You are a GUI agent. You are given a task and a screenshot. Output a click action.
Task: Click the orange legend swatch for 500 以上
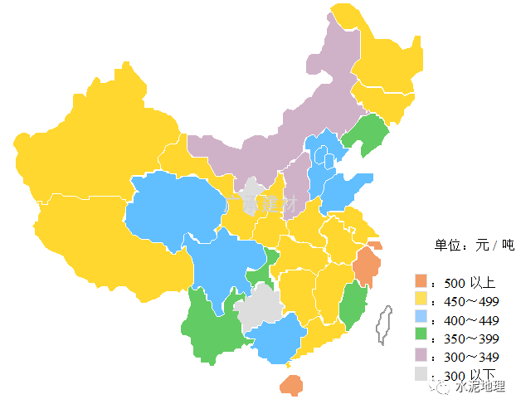pyautogui.click(x=421, y=280)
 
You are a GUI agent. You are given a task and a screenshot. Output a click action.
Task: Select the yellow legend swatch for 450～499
pyautogui.click(x=421, y=299)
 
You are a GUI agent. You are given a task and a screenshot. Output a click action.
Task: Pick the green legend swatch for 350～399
pyautogui.click(x=421, y=336)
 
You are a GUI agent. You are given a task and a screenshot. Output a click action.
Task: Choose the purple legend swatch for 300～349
pyautogui.click(x=421, y=355)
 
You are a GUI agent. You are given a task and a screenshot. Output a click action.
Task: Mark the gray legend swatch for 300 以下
pyautogui.click(x=421, y=374)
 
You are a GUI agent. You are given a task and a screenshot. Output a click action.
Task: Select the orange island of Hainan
pyautogui.click(x=291, y=385)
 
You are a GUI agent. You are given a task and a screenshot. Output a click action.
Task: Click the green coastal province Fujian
pyautogui.click(x=352, y=304)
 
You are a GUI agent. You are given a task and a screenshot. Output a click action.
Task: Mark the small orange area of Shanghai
pyautogui.click(x=376, y=246)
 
